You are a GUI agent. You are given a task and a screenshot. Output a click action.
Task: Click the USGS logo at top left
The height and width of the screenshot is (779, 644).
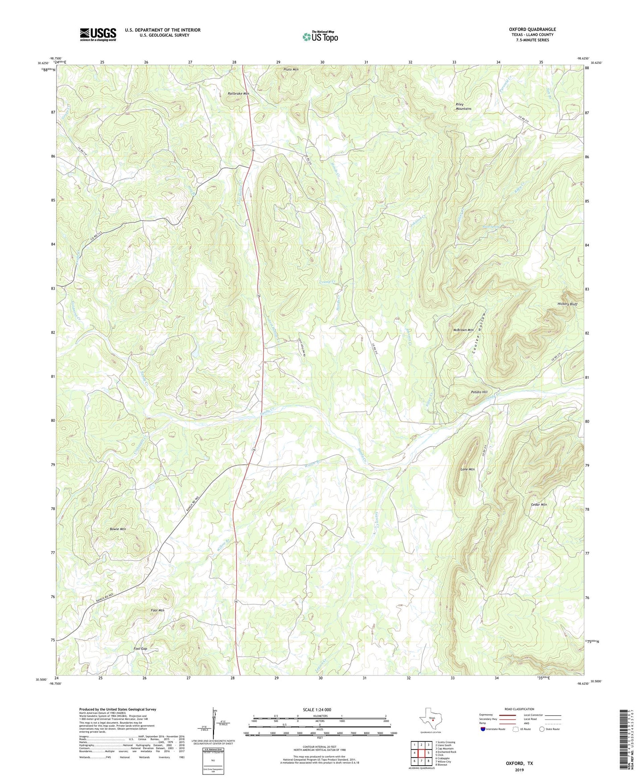coord(98,34)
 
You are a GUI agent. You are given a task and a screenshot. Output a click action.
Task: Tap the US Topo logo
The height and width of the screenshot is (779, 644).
coord(320,37)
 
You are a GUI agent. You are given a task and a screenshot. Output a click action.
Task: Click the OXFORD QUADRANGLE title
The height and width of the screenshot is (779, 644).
coord(532,29)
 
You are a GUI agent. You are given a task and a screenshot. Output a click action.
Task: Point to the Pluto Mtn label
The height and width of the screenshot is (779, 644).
coord(291,70)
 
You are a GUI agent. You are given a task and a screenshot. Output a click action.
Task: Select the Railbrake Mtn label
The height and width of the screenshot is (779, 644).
coord(238,94)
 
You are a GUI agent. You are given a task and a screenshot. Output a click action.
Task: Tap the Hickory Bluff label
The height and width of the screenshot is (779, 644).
coord(567,304)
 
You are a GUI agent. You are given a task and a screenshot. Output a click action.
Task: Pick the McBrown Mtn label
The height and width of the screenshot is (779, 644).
coord(463,330)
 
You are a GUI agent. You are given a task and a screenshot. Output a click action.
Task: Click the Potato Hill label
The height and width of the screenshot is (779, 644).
coord(479,392)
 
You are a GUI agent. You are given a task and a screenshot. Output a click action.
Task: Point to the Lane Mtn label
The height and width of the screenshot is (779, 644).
coord(467,469)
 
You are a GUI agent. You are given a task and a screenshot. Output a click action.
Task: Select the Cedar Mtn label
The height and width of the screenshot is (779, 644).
coord(539,505)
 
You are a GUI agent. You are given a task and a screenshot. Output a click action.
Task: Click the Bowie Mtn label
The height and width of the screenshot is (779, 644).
coord(118,529)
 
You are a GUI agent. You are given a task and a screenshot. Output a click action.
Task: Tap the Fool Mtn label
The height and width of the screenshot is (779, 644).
coord(158,610)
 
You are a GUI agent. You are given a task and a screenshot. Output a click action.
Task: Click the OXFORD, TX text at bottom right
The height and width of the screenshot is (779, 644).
coord(519,763)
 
